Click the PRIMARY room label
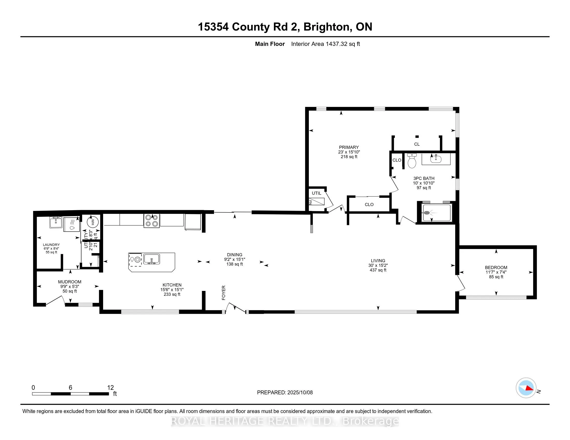(349, 147)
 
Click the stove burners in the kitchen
(152, 221)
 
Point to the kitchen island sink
(152, 259)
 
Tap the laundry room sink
(56, 222)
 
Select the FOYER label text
(224, 292)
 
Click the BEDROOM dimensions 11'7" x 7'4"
(496, 272)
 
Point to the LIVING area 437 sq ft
(378, 270)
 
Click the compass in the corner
(526, 388)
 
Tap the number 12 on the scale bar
(110, 388)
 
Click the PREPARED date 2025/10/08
(300, 393)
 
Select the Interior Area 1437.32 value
(337, 44)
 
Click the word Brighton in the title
(326, 27)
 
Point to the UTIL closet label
(316, 193)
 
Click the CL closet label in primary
(417, 144)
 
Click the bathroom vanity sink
(436, 159)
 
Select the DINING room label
(235, 255)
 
